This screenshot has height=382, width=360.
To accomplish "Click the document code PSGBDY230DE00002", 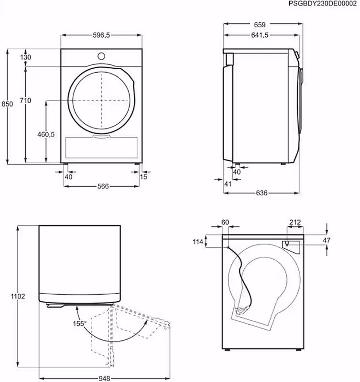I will click(x=323, y=3).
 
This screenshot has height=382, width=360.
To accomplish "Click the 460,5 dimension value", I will click(x=46, y=135).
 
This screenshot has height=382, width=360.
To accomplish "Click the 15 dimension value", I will click(x=143, y=177).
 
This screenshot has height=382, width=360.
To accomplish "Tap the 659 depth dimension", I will click(x=260, y=25).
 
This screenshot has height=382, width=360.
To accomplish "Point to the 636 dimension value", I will click(x=261, y=193).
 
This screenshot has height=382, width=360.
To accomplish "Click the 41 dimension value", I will click(x=228, y=184).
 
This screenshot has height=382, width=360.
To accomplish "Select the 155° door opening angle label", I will click(x=79, y=323).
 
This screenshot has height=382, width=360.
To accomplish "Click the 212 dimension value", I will click(x=295, y=222).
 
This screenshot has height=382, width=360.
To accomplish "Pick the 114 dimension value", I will click(x=198, y=242).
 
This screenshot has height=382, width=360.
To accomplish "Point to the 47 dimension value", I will click(x=327, y=241).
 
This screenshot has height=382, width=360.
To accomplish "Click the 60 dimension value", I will click(x=226, y=222).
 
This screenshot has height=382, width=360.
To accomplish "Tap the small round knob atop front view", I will click(x=102, y=55).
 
